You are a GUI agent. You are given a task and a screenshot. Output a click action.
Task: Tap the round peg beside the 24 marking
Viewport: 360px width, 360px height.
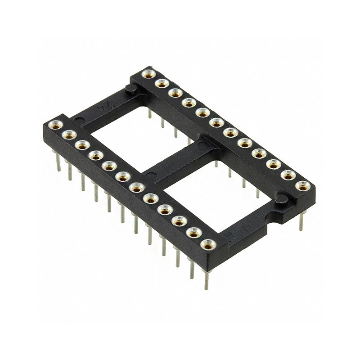[x=131, y=90]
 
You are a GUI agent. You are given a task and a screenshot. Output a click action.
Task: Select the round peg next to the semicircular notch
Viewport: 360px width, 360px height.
[x=282, y=199]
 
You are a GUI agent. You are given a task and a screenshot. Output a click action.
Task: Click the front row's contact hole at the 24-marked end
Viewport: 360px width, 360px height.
[x=55, y=125]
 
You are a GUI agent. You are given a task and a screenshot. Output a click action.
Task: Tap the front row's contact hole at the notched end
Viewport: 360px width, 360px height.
[x=207, y=244]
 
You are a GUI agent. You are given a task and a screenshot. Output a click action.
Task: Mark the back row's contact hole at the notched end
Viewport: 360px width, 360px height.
[x=302, y=185]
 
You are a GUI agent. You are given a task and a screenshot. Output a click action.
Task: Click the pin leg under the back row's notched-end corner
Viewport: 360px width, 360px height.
[x=301, y=220]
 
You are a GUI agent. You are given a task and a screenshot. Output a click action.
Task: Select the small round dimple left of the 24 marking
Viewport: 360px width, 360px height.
[x=80, y=120]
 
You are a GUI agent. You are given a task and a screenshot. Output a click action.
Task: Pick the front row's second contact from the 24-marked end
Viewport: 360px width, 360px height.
[x=69, y=135]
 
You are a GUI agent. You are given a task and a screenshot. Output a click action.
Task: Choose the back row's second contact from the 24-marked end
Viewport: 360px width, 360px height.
[x=161, y=83]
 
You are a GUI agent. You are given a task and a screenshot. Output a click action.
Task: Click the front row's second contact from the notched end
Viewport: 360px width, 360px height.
[x=193, y=233]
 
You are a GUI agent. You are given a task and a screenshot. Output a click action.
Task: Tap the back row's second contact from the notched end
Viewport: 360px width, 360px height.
[x=288, y=175]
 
